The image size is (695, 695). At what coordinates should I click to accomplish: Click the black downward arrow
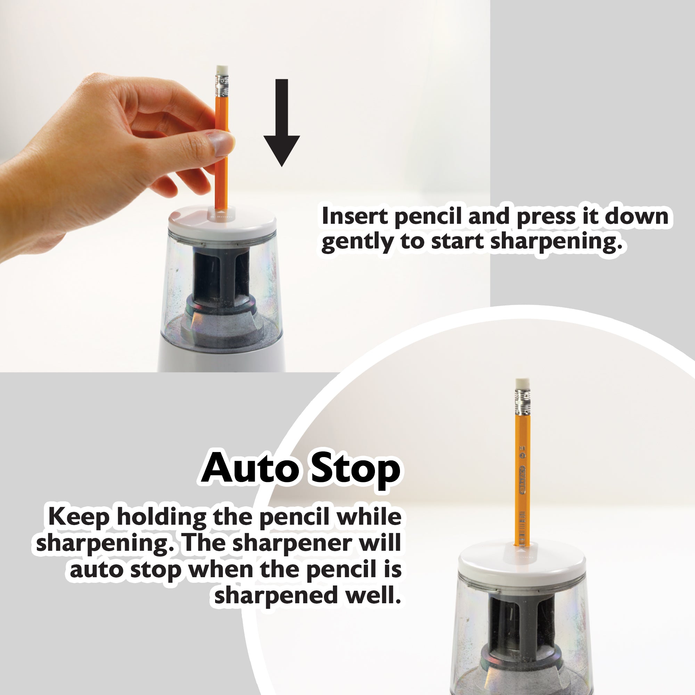point(282,122)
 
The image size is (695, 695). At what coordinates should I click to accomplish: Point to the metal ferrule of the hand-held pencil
point(222,85)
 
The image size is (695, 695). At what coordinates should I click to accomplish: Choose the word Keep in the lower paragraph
point(79,517)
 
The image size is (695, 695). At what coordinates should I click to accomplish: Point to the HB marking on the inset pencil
point(522,448)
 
